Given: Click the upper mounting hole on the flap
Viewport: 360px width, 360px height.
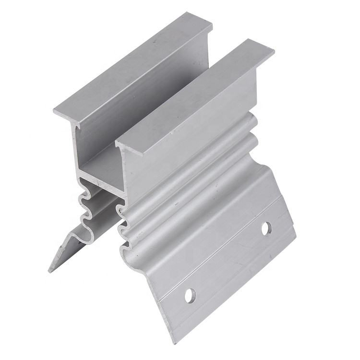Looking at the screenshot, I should (x=266, y=228).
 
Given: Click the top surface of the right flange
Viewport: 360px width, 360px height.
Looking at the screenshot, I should (x=197, y=91).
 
